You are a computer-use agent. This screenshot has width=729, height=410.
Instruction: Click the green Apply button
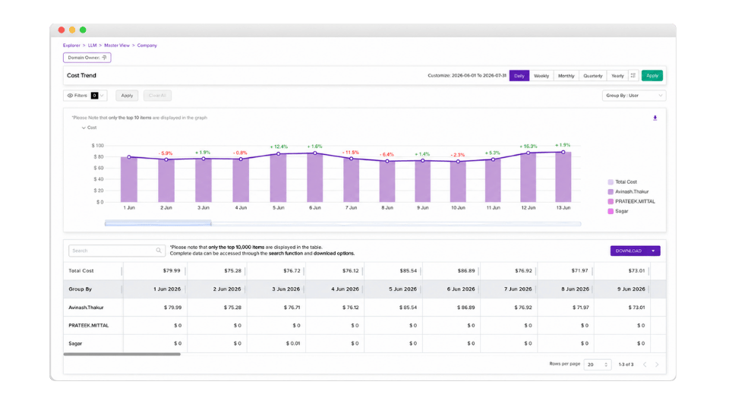pyautogui.click(x=652, y=75)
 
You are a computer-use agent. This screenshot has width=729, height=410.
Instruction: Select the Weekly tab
pyautogui.click(x=541, y=75)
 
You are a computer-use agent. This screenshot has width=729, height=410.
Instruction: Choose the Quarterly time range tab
pyautogui.click(x=593, y=75)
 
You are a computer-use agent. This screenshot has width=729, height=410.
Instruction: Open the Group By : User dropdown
pyautogui.click(x=633, y=96)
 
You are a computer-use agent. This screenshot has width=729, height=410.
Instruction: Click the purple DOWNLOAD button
pyautogui.click(x=635, y=251)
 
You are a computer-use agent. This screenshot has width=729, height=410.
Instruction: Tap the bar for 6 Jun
pyautogui.click(x=314, y=178)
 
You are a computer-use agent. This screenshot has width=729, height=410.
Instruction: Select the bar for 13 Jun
pyautogui.click(x=563, y=177)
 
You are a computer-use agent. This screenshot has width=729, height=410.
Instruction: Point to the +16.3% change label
pyautogui.click(x=529, y=147)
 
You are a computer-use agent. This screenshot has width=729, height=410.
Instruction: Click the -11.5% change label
pyautogui.click(x=351, y=153)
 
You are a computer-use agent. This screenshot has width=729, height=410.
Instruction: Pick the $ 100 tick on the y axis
pyautogui.click(x=98, y=146)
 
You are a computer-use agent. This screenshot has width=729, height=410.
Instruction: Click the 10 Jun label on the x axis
pyautogui.click(x=458, y=208)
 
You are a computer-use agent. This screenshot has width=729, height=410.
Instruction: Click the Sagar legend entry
pyautogui.click(x=618, y=211)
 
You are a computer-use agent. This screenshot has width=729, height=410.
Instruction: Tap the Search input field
pyautogui.click(x=117, y=251)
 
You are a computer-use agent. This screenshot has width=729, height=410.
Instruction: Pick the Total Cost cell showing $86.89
pyautogui.click(x=466, y=270)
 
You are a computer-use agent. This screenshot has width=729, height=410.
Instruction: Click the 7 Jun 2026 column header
pyautogui.click(x=518, y=289)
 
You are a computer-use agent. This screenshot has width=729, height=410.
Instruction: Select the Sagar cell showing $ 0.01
pyautogui.click(x=293, y=343)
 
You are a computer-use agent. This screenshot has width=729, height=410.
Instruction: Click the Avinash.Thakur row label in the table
pyautogui.click(x=86, y=307)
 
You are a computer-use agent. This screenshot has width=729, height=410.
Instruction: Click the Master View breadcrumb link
pyautogui.click(x=117, y=45)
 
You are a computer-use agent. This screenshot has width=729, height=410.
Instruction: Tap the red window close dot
pyautogui.click(x=62, y=30)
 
